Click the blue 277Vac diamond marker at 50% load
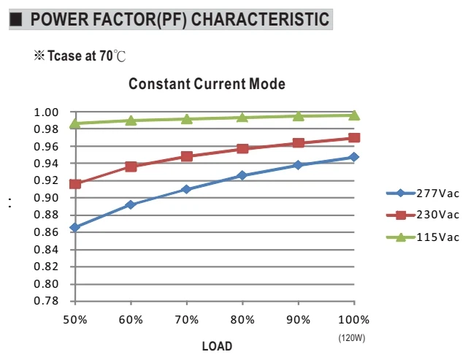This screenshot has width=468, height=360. pyautogui.click(x=74, y=227)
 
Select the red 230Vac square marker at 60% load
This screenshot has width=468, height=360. pyautogui.click(x=131, y=166)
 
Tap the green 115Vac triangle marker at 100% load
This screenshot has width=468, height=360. pyautogui.click(x=354, y=115)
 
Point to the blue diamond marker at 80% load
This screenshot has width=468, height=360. pyautogui.click(x=242, y=175)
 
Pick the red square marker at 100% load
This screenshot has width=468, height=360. pyautogui.click(x=354, y=138)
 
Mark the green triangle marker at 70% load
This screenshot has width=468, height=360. pyautogui.click(x=187, y=119)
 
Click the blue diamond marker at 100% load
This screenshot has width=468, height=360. pyautogui.click(x=354, y=157)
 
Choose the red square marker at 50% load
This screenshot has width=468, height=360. pyautogui.click(x=75, y=184)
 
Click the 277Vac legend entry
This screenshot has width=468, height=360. pyautogui.click(x=423, y=194)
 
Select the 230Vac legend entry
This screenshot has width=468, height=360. pyautogui.click(x=423, y=215)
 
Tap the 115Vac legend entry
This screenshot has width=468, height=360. pyautogui.click(x=423, y=237)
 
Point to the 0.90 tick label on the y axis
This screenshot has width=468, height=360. pyautogui.click(x=46, y=198)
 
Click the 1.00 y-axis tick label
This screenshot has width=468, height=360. pyautogui.click(x=46, y=112)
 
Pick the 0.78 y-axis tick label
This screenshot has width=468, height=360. pyautogui.click(x=46, y=301)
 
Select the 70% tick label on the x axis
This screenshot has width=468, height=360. pyautogui.click(x=187, y=320)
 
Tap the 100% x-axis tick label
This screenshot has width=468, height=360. pyautogui.click(x=353, y=320)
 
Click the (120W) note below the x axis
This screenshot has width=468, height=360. pyautogui.click(x=352, y=338)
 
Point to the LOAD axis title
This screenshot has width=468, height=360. pyautogui.click(x=217, y=346)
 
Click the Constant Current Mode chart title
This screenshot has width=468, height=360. pyautogui.click(x=207, y=84)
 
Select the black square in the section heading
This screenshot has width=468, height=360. pyautogui.click(x=16, y=20)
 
